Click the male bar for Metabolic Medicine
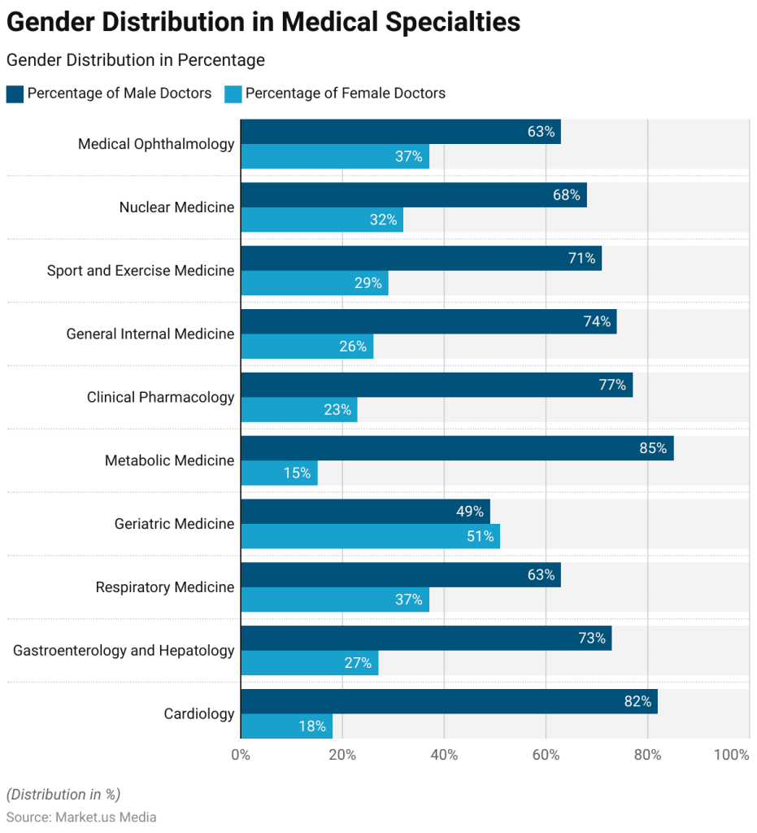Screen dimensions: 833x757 tap(455, 448)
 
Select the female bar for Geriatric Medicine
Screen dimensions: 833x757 tap(370, 536)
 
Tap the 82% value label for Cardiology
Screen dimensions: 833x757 tap(637, 701)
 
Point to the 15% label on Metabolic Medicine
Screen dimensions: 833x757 tap(297, 473)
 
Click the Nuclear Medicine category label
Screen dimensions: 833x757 tap(176, 207)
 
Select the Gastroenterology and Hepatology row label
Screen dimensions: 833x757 tap(124, 651)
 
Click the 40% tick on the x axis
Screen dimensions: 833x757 tap(444, 755)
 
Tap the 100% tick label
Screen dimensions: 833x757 tap(731, 755)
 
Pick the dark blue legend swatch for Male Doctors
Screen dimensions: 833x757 tap(15, 94)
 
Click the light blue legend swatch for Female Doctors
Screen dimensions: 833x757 tap(233, 94)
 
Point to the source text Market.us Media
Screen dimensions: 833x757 tap(106, 817)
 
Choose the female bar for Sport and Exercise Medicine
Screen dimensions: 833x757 tap(314, 283)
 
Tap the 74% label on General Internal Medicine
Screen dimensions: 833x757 tap(597, 321)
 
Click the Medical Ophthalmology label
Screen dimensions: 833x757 tap(156, 144)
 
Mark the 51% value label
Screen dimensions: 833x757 tap(480, 536)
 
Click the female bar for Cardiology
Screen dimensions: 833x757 tap(286, 726)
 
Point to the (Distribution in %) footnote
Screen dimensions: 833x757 tap(63, 795)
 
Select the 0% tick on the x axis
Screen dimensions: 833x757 tap(241, 755)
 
